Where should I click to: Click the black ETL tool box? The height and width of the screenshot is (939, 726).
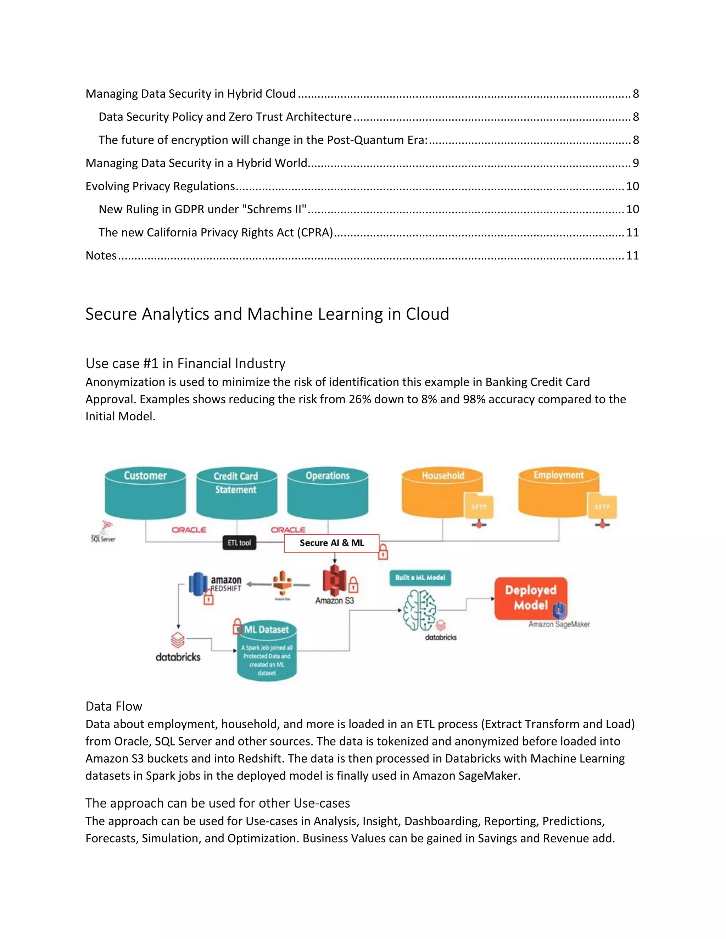click(x=239, y=542)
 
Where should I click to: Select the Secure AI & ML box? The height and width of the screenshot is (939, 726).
click(x=331, y=543)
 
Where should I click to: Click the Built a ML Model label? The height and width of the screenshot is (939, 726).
click(x=420, y=578)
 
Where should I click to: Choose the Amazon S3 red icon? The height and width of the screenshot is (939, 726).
click(x=334, y=579)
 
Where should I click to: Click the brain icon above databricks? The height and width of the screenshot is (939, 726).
click(x=419, y=610)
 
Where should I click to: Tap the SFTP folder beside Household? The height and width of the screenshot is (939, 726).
click(x=478, y=506)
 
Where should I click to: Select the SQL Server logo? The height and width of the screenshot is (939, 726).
click(x=104, y=532)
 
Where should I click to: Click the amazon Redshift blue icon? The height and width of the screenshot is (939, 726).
click(x=198, y=584)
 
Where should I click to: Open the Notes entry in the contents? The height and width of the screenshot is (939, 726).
click(x=101, y=255)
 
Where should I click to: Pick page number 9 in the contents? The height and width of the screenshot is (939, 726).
click(x=635, y=163)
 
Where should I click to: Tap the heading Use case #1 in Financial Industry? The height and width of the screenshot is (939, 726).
click(x=185, y=363)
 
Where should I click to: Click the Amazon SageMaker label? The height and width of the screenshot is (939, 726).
click(x=559, y=624)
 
